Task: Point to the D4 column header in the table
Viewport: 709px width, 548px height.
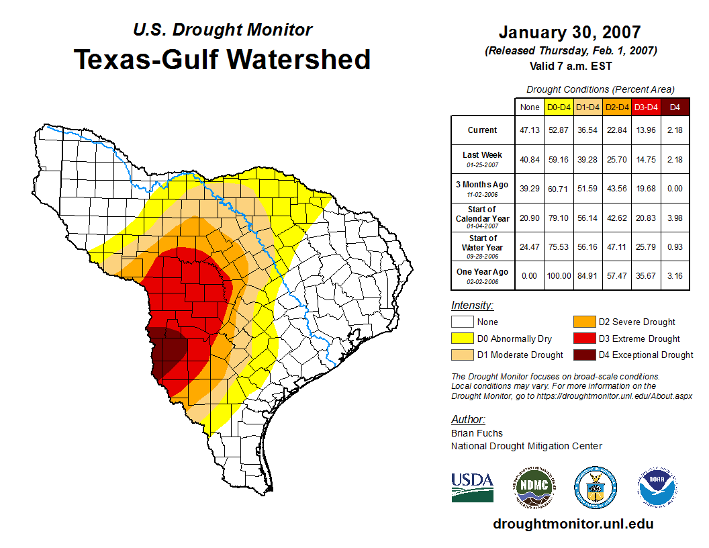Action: pyautogui.click(x=675, y=107)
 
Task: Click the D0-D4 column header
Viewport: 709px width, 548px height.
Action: pyautogui.click(x=559, y=107)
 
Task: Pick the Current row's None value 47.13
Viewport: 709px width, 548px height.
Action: pyautogui.click(x=530, y=130)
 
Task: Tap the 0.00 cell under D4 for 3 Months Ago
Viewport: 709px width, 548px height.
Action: pyautogui.click(x=675, y=189)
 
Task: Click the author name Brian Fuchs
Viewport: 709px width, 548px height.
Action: pyautogui.click(x=477, y=433)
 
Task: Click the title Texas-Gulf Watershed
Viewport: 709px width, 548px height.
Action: pyautogui.click(x=222, y=60)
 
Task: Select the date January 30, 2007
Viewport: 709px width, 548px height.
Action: pyautogui.click(x=570, y=32)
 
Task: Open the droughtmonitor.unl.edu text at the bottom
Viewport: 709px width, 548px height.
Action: pyautogui.click(x=573, y=524)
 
